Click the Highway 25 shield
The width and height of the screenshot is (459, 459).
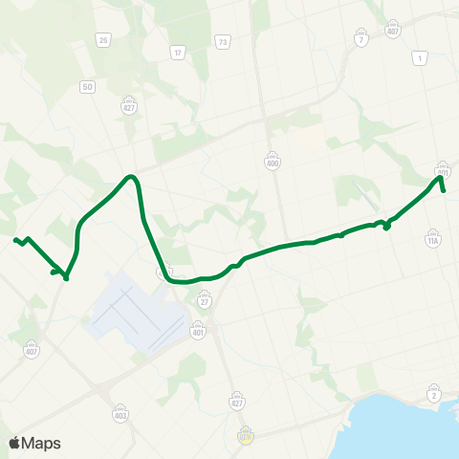point(101,39)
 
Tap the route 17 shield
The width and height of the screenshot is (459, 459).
point(177,51)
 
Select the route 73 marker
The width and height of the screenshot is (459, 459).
point(223,42)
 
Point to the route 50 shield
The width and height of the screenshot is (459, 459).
point(88,87)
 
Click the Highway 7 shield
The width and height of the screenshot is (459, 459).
point(361,39)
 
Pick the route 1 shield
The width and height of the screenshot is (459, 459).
point(420,59)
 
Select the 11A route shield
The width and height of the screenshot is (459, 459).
point(433,243)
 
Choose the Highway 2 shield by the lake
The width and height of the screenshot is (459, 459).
point(435,395)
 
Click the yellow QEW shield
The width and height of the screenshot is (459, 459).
point(246,434)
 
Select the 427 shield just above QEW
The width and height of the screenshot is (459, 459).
point(235,396)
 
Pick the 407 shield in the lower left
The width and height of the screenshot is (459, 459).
point(33,348)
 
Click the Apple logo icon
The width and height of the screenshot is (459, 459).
point(15,443)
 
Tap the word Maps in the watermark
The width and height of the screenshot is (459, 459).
point(41,443)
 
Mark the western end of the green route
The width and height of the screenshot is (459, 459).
point(14,239)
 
